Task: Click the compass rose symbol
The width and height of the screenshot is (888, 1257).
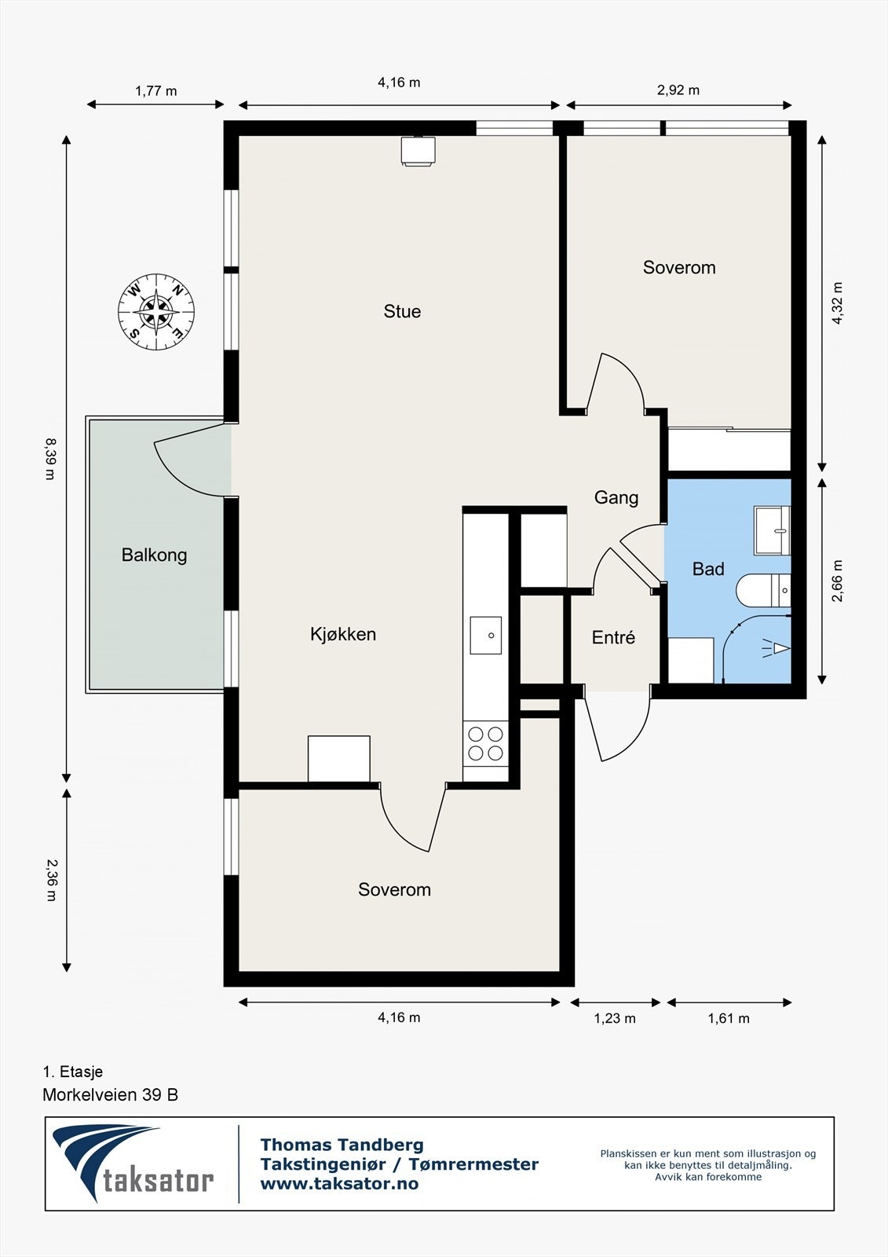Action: click(156, 311)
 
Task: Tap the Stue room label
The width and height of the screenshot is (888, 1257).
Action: click(402, 311)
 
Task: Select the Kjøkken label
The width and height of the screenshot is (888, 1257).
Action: click(343, 634)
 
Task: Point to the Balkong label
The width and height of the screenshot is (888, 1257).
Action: click(154, 555)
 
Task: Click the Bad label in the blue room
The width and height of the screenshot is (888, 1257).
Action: click(708, 569)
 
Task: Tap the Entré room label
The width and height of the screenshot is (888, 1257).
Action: click(613, 637)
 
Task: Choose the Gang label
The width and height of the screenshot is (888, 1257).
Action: click(616, 498)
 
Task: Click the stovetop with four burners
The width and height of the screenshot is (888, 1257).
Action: click(486, 743)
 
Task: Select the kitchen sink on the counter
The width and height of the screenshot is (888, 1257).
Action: click(486, 636)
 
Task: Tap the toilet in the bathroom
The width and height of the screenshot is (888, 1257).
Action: click(763, 590)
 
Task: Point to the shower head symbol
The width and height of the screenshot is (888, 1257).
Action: click(777, 648)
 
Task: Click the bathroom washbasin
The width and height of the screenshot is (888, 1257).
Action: click(772, 530)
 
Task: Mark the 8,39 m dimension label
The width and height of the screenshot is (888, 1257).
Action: click(50, 459)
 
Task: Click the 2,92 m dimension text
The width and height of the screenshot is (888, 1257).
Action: click(678, 90)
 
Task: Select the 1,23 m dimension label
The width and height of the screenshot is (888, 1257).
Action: click(615, 1018)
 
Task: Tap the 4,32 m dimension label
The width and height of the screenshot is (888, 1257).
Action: click(837, 303)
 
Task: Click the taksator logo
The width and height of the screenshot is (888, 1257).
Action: click(133, 1164)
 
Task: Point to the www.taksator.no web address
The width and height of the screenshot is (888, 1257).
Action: click(339, 1183)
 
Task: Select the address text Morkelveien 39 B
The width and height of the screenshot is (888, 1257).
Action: click(111, 1094)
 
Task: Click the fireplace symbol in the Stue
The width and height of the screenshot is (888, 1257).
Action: click(418, 152)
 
